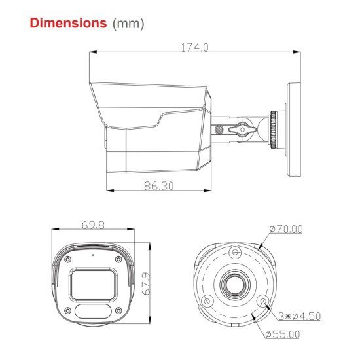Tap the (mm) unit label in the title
[128, 24]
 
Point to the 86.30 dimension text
[158, 186]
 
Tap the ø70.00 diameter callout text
[285, 229]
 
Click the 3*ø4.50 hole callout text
[298, 317]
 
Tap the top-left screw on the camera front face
[67, 259]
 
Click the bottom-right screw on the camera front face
[119, 311]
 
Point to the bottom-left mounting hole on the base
[207, 300]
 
